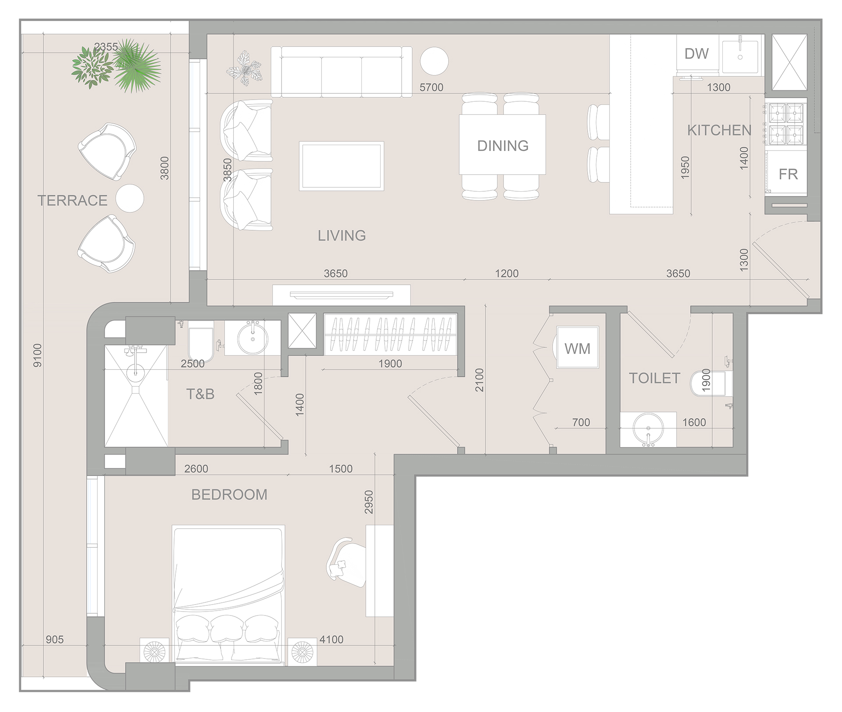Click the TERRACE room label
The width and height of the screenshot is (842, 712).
click(x=72, y=200)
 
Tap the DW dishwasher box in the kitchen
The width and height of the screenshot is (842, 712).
click(x=696, y=54)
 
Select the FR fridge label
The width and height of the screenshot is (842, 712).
click(x=788, y=175)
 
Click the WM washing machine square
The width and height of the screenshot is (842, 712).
click(x=577, y=349)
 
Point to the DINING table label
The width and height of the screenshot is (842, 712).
click(x=503, y=146)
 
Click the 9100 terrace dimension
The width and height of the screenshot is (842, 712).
click(x=38, y=355)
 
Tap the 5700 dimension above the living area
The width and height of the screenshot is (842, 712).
click(x=431, y=87)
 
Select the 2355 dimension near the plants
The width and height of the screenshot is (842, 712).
click(x=106, y=47)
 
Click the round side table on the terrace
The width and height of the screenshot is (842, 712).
click(x=130, y=198)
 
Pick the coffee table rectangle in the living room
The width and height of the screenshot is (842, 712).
click(x=341, y=166)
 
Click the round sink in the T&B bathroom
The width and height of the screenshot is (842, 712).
click(x=252, y=338)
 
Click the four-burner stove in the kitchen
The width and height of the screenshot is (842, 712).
click(x=786, y=124)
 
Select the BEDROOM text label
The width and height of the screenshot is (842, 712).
click(x=229, y=495)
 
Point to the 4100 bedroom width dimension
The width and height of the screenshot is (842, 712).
click(x=331, y=640)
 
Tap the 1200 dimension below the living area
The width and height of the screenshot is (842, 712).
click(x=507, y=274)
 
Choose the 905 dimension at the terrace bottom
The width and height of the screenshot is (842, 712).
click(x=54, y=640)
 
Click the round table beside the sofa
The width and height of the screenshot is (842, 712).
click(x=434, y=61)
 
